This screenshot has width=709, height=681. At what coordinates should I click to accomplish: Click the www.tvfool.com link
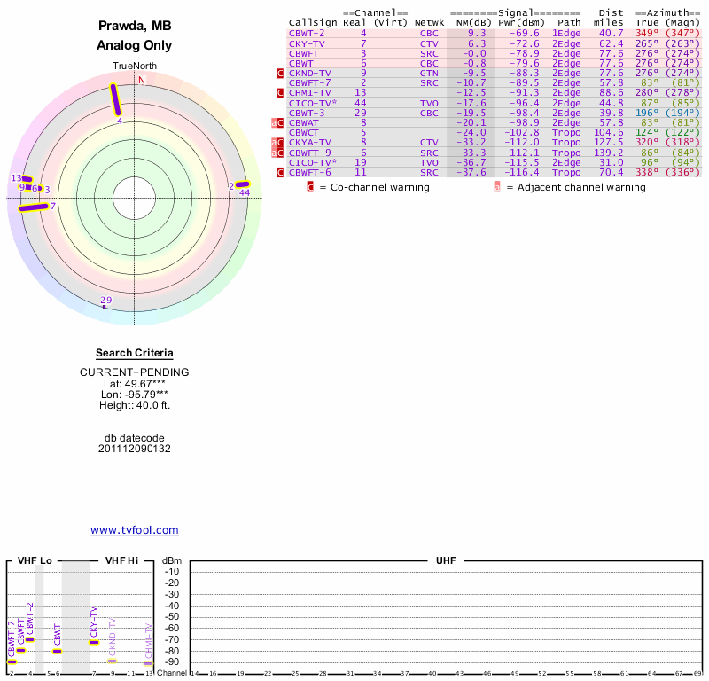point(134,530)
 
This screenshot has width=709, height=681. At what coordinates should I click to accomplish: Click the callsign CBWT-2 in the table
point(306,33)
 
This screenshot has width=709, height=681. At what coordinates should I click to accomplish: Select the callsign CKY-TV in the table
point(306,43)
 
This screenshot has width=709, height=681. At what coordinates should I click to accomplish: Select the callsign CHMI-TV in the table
point(309,92)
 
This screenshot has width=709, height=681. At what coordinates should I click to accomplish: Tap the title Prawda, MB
point(134,26)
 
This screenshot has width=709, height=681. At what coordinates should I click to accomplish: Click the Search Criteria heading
point(134,353)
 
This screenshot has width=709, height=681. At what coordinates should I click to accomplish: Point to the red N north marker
point(141,80)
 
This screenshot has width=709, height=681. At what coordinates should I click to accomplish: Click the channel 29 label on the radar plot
point(105,301)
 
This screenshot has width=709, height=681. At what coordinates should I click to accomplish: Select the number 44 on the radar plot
point(245,192)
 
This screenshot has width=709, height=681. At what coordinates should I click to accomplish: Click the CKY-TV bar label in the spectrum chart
point(94,622)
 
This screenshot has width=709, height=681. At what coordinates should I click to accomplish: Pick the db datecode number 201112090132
point(134,449)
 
